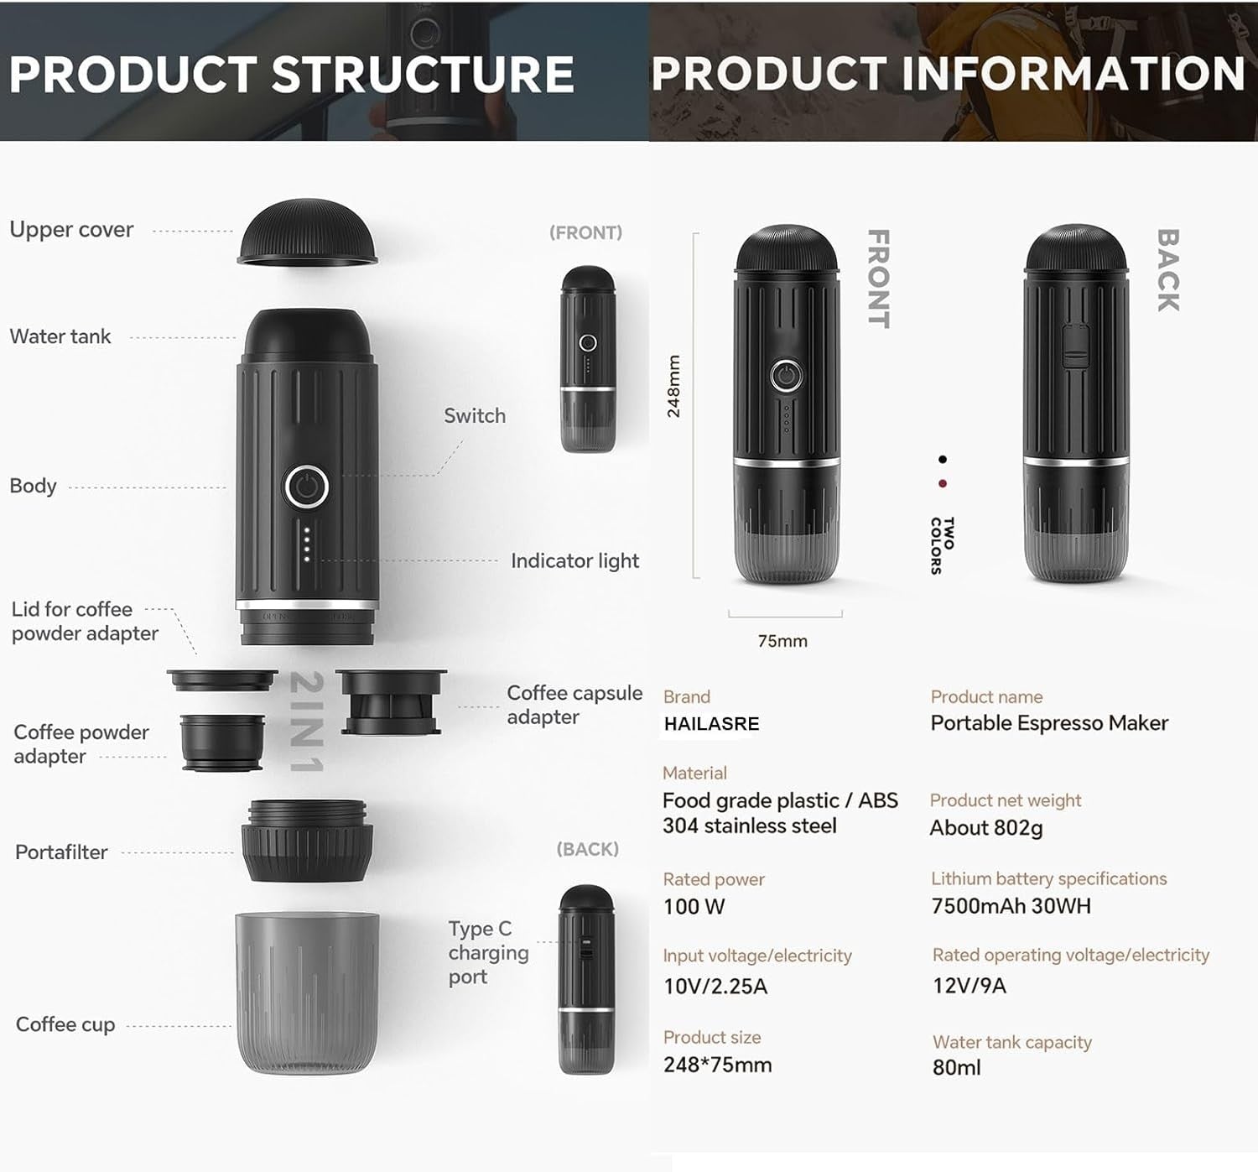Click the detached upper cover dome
click(x=307, y=232)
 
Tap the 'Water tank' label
click(x=60, y=336)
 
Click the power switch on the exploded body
click(x=307, y=487)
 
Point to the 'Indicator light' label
click(x=574, y=561)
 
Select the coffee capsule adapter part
click(x=391, y=701)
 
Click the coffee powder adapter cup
click(x=222, y=742)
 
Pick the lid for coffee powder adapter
click(x=222, y=680)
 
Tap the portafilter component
click(x=307, y=841)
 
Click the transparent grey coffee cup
click(x=307, y=992)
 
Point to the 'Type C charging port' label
click(x=488, y=953)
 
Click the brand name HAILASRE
click(x=711, y=723)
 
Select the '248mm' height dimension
click(x=673, y=386)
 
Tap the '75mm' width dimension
click(x=782, y=641)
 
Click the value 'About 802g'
click(x=986, y=828)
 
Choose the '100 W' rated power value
click(x=694, y=906)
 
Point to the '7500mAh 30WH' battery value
click(x=1011, y=906)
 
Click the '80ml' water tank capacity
click(x=956, y=1067)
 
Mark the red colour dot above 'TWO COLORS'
click(x=943, y=483)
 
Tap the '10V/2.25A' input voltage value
click(x=715, y=987)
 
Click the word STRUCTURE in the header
click(x=424, y=74)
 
